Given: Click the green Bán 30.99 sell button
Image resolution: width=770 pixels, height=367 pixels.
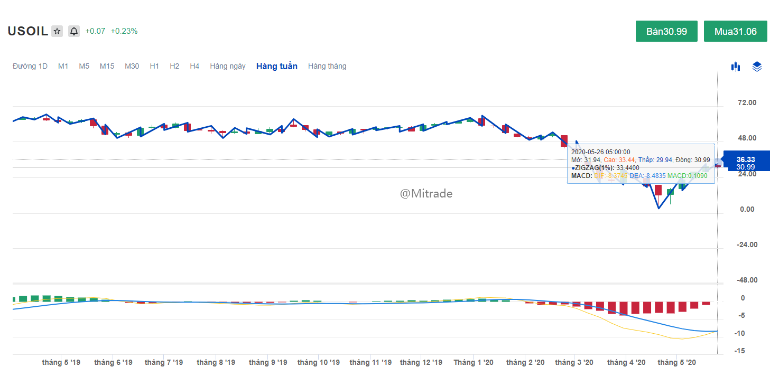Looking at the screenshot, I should (666, 31).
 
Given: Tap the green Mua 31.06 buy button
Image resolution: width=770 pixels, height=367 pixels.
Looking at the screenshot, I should (735, 31).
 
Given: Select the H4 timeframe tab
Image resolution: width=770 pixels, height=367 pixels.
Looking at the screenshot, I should (194, 66).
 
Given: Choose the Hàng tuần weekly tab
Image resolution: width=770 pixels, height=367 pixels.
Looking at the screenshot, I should (276, 66).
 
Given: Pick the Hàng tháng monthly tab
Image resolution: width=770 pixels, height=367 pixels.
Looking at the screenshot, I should (327, 66).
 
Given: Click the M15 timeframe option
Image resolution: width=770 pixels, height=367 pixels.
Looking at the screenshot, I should (107, 66).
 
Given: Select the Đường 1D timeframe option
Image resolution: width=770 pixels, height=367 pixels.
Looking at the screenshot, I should (30, 66).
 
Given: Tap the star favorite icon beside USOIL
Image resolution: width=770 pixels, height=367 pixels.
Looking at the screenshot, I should (57, 31).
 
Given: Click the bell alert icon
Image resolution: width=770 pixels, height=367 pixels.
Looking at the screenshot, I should (74, 31).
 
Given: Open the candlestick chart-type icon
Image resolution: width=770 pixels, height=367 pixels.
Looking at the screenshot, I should (735, 67).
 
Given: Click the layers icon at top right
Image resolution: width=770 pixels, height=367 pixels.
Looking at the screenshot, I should (757, 67).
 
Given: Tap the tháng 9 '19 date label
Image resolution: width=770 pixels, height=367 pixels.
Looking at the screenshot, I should (267, 362).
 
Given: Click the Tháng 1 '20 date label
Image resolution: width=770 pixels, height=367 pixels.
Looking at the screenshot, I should (473, 362).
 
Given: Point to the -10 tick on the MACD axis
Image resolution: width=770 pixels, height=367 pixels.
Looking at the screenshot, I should (741, 333).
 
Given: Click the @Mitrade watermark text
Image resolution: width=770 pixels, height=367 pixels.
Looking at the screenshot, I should (426, 194).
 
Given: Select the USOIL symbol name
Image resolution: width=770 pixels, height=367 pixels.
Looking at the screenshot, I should (27, 31).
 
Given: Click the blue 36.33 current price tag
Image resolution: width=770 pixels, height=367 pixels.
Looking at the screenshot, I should (745, 159).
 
